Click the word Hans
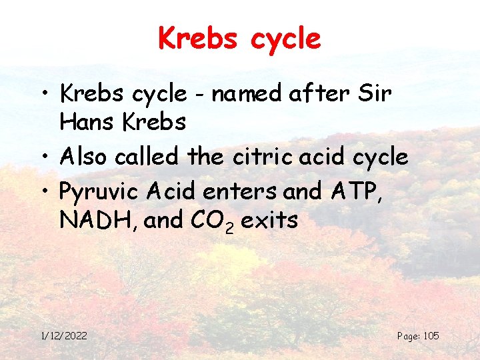tap(85, 123)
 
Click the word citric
tap(253, 157)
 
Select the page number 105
tap(431, 335)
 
